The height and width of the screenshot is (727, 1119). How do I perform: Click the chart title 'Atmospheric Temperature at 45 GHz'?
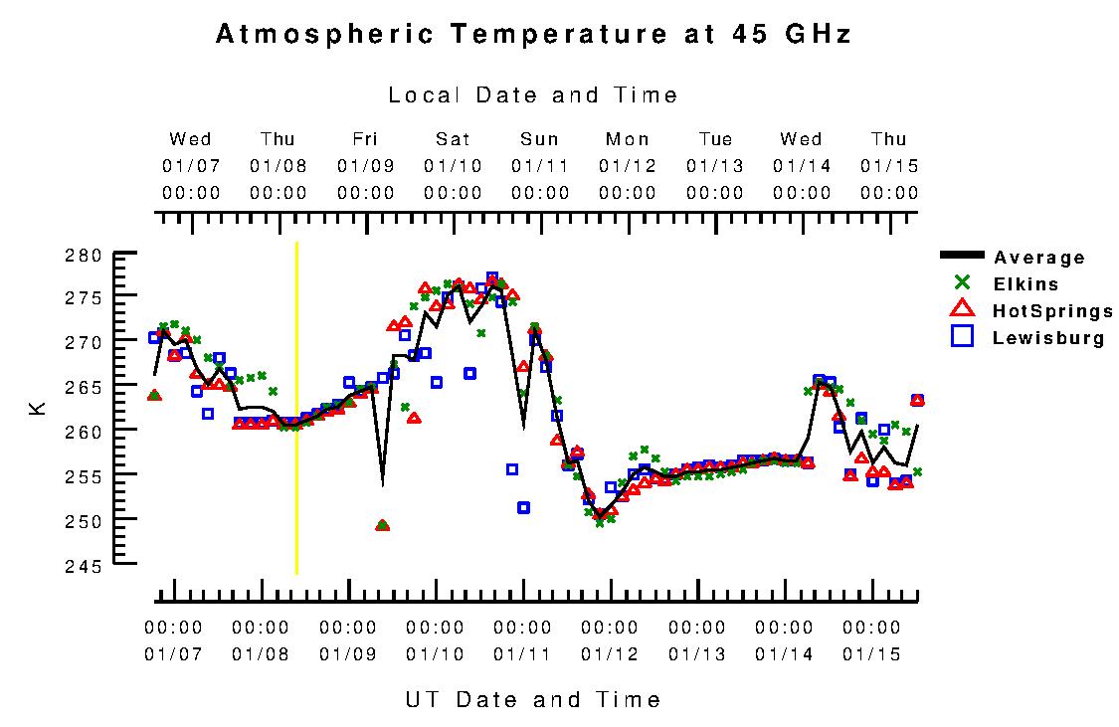[x=533, y=35]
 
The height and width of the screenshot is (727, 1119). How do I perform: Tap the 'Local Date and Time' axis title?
[x=533, y=95]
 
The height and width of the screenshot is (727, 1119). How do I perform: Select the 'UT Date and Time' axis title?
[x=533, y=700]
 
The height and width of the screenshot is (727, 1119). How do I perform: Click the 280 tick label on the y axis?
[x=84, y=256]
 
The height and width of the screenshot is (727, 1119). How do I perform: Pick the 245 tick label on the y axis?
[x=84, y=566]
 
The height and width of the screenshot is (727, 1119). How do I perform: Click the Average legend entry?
[x=1039, y=258]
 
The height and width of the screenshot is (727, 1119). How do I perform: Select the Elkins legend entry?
[x=1026, y=284]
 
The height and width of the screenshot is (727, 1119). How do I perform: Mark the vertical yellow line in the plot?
[x=296, y=408]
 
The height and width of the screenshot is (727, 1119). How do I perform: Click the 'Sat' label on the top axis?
[x=453, y=139]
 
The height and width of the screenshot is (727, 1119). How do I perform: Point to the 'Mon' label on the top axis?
[x=628, y=139]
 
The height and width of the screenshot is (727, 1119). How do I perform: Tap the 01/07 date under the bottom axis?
[x=173, y=654]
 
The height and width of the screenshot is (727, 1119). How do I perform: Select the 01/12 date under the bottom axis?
[x=610, y=654]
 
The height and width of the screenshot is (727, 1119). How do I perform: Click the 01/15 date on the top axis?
[x=889, y=166]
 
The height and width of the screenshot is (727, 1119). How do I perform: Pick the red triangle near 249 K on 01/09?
[x=382, y=525]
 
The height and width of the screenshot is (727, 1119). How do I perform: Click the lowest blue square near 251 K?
[x=523, y=508]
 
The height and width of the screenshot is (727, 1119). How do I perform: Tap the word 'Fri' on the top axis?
[x=365, y=139]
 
